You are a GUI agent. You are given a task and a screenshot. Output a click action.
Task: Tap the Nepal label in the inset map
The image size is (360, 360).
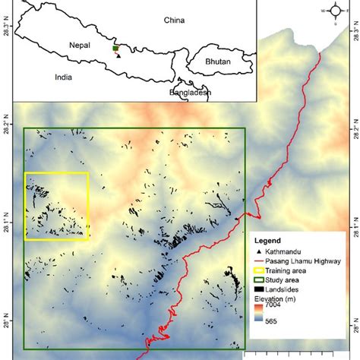(x=78, y=45)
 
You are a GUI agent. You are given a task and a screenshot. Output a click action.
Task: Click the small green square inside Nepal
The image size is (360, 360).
(x=115, y=48)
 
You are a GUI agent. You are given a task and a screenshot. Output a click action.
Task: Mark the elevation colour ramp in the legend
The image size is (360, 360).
(x=259, y=313)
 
